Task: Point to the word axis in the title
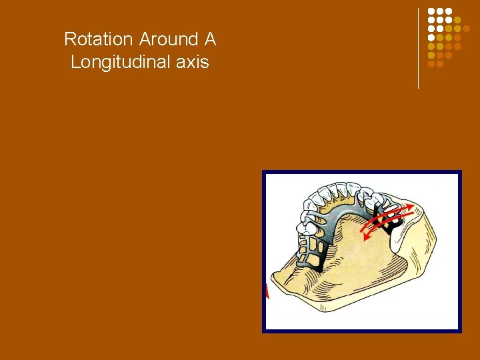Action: click(x=190, y=63)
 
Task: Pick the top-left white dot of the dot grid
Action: click(x=431, y=12)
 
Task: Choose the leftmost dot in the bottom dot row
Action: click(x=431, y=64)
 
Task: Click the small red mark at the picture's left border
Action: click(x=267, y=292)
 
